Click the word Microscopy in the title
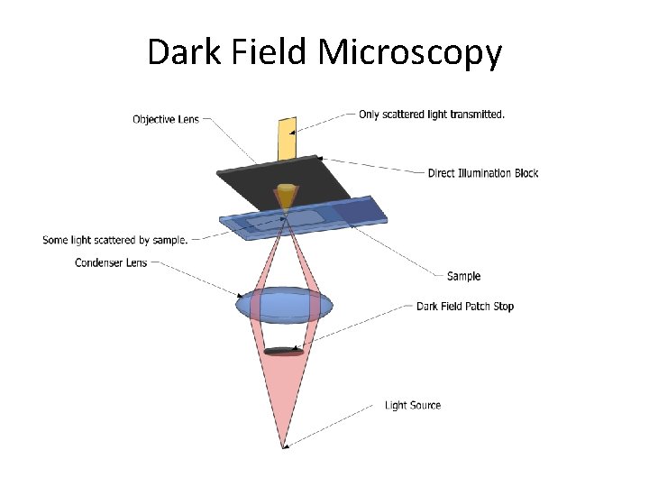409,52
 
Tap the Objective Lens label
166,119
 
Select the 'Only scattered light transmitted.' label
432,115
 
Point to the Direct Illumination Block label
483,172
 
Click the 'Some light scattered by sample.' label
115,240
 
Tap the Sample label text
464,276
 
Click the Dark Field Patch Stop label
465,306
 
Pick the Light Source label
413,405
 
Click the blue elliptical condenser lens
285,306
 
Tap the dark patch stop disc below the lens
284,350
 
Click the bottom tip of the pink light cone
285,445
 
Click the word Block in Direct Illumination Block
523,172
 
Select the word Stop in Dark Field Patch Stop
503,306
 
